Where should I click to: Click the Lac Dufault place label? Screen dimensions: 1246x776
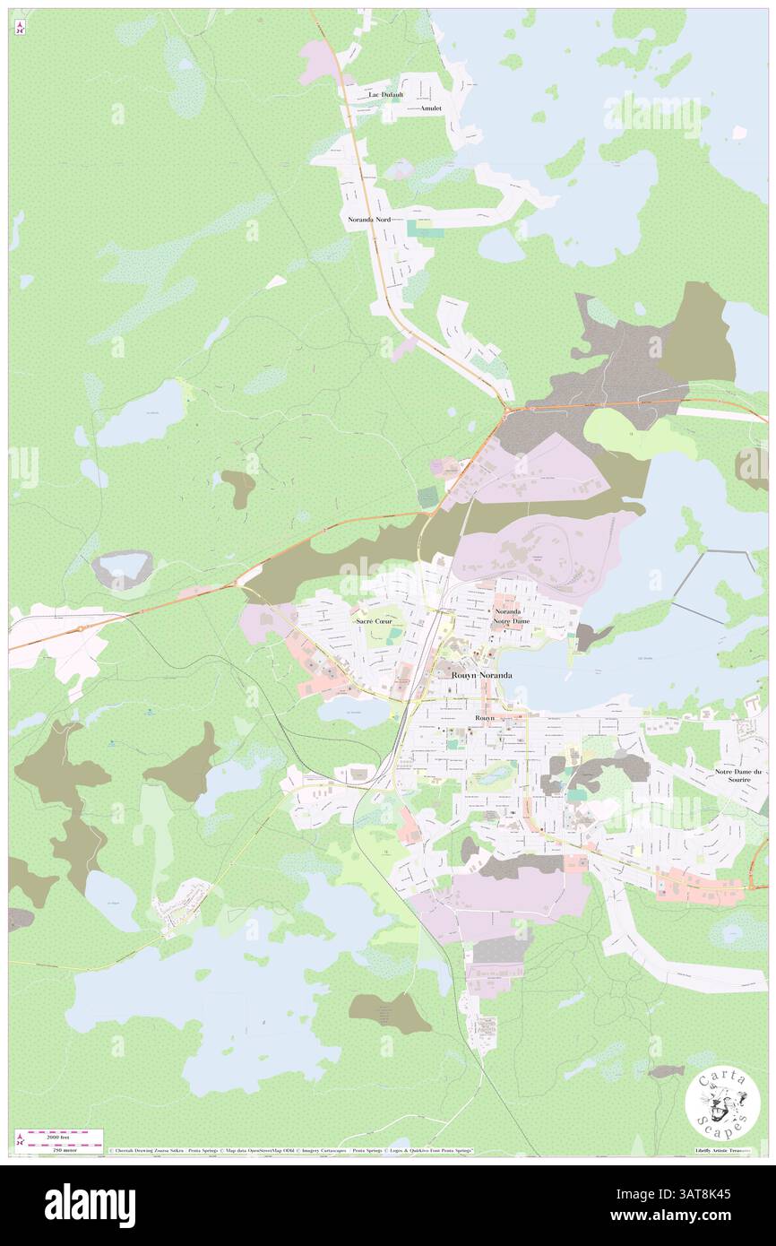(386, 94)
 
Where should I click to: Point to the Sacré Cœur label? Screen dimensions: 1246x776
(374, 620)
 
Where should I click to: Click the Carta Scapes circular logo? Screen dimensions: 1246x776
(722, 1103)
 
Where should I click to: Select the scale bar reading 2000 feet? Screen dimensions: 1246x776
(60, 1134)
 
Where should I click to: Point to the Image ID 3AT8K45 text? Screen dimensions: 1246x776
(708, 1193)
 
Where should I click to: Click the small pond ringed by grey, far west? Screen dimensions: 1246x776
(123, 566)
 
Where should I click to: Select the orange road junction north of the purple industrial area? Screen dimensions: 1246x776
(507, 411)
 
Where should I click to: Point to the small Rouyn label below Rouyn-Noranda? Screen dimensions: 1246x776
(484, 719)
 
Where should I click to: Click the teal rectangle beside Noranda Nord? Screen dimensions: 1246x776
(419, 229)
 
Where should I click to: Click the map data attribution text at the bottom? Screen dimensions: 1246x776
(287, 1150)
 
